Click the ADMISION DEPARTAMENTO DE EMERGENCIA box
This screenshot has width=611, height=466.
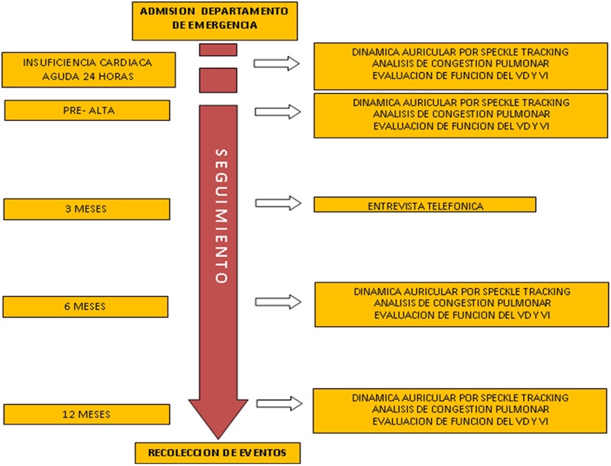point(215,21)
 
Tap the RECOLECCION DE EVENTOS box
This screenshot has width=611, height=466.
point(218,453)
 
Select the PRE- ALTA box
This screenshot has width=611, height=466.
point(87,110)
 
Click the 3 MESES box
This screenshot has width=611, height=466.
point(87,209)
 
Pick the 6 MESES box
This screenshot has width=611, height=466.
point(86,307)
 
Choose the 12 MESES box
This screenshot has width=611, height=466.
point(87,414)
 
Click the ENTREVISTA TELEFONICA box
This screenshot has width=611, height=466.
point(425,205)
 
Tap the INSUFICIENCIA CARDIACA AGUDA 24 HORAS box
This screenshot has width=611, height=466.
point(89,70)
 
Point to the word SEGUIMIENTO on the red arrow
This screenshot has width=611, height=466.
point(221,216)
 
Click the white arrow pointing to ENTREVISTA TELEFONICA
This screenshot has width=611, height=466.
point(278,203)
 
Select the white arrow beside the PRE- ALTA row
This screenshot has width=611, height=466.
point(278,112)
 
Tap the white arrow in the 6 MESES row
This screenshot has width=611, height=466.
point(278,302)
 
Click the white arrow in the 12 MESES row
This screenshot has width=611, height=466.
point(279,403)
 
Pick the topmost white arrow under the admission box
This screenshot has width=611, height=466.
point(276,64)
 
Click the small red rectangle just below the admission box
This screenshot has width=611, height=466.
point(218,50)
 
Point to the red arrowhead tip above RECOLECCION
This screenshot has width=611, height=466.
point(218,440)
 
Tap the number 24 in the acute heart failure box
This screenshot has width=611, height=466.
point(89,76)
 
